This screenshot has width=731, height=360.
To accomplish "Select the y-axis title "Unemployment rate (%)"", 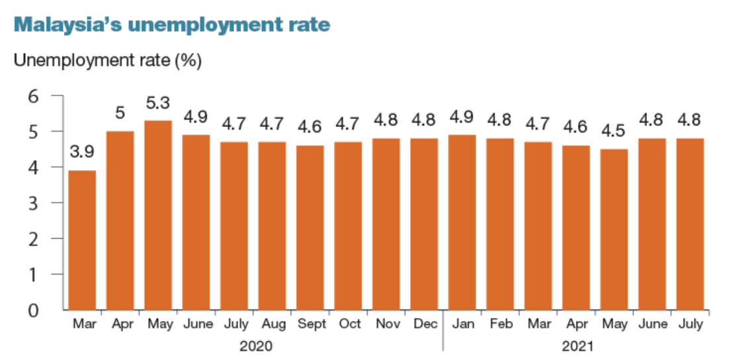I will click(108, 61).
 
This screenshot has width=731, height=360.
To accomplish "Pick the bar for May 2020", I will click(158, 215).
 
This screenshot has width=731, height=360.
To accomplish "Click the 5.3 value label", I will click(158, 105).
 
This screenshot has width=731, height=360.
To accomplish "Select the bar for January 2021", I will click(462, 222).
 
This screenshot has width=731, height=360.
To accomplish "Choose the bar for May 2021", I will click(613, 229).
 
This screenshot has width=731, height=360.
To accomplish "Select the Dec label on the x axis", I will click(424, 324).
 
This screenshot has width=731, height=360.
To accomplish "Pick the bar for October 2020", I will click(348, 226).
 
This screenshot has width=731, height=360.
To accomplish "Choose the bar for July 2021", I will click(689, 224).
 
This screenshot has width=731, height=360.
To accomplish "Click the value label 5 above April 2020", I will click(120, 113).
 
